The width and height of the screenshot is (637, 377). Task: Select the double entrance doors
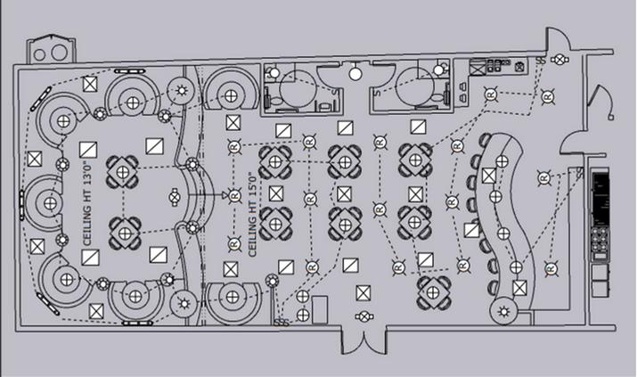pyautogui.click(x=364, y=342)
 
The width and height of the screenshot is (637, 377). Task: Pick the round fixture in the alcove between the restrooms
pyautogui.click(x=356, y=71)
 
